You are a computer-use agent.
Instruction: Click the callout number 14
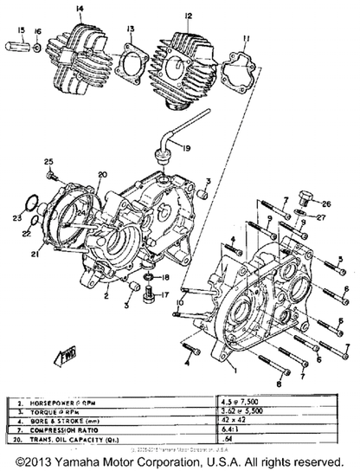tap(80, 10)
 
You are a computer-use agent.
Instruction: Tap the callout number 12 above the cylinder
tap(187, 16)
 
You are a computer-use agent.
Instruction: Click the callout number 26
tap(326, 204)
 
